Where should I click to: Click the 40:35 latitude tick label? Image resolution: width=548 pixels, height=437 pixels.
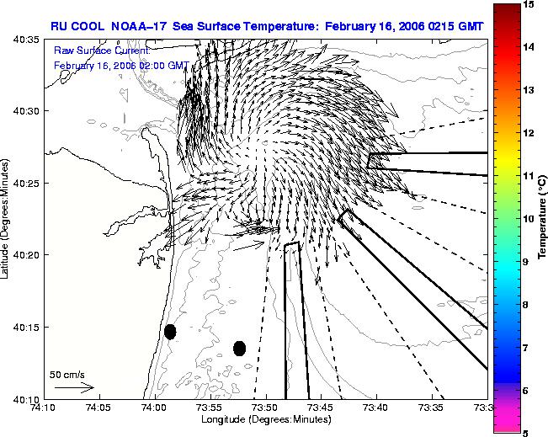click(26, 40)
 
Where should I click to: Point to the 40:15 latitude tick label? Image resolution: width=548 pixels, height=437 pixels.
click(26, 328)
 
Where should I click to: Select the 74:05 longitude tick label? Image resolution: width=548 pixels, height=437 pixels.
click(100, 408)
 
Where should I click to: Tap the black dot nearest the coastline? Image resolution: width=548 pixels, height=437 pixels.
click(170, 332)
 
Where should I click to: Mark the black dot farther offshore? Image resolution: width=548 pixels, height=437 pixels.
click(239, 349)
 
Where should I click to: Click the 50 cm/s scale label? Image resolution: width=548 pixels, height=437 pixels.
click(67, 376)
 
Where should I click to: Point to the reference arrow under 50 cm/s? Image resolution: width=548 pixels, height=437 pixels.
click(74, 387)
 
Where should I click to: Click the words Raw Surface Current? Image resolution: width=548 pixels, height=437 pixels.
click(102, 51)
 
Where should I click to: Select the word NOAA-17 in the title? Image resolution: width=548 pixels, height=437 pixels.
click(138, 26)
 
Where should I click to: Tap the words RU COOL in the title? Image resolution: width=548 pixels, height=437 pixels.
click(77, 26)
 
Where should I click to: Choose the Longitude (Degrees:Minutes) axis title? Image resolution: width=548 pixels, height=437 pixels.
click(266, 419)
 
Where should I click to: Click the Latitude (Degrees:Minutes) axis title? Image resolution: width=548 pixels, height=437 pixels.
click(4, 219)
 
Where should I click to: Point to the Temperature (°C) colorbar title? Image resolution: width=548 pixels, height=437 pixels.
click(542, 217)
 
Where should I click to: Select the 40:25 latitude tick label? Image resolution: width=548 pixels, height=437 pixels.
click(26, 184)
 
